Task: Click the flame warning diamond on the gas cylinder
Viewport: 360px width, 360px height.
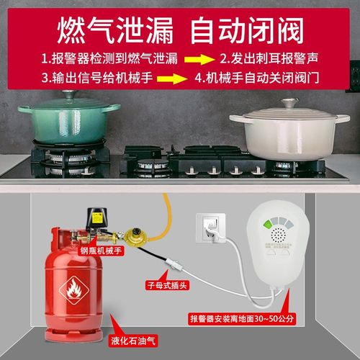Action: coord(76,291)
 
